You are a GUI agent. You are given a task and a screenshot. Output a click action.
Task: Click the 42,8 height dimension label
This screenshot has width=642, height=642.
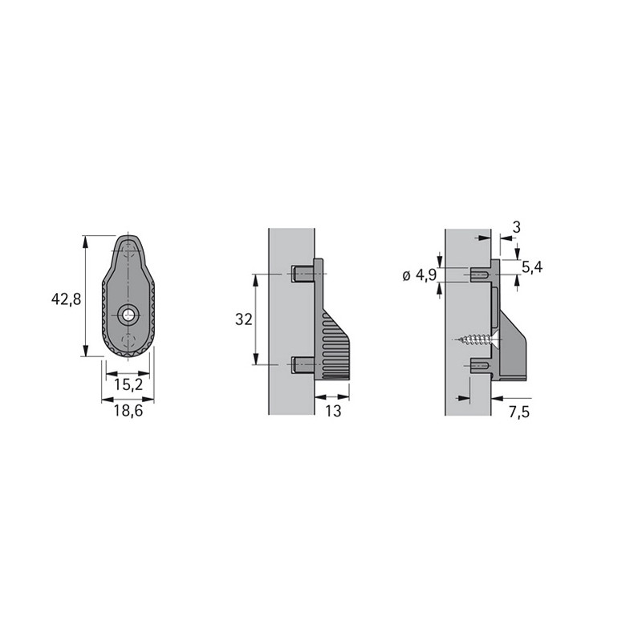pyautogui.click(x=67, y=299)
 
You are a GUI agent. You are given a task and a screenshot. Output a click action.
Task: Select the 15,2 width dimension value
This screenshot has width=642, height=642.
pyautogui.click(x=128, y=385)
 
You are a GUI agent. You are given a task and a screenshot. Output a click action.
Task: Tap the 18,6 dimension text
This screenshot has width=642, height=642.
pyautogui.click(x=128, y=410)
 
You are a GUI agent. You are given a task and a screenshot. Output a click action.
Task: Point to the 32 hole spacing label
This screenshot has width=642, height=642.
pyautogui.click(x=244, y=319)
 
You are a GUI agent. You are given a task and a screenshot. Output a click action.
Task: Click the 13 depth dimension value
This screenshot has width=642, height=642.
pyautogui.click(x=333, y=411)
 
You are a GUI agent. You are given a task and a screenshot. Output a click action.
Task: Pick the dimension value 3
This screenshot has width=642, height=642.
pyautogui.click(x=516, y=227)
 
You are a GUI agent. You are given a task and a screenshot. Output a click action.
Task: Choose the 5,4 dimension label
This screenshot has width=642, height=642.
pyautogui.click(x=532, y=267)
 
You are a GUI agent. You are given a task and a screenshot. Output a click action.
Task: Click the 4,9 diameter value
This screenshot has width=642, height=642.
pyautogui.click(x=426, y=275)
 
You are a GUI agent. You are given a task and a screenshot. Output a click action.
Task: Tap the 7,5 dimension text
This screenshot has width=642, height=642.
pyautogui.click(x=519, y=412)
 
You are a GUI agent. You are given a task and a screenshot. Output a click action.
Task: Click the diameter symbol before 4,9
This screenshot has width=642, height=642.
pyautogui.click(x=406, y=276)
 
